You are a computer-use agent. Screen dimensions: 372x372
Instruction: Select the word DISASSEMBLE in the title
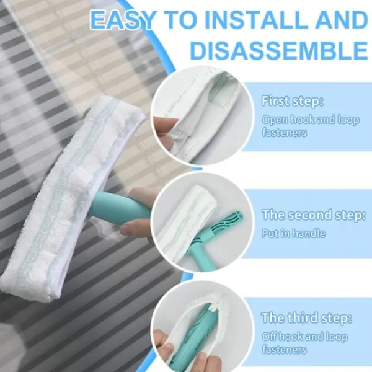coord(279,50)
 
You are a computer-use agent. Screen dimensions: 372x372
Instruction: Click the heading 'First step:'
coord(292,101)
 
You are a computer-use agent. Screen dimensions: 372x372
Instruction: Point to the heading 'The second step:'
coord(314,215)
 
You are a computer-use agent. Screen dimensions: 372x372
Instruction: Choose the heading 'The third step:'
coord(306,318)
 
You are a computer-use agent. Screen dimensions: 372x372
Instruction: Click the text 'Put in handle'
coord(293,234)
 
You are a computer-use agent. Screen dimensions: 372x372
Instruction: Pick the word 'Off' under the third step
coord(270,337)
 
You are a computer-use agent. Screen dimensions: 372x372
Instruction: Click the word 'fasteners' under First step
coord(284,133)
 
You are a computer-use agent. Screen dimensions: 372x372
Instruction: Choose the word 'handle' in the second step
coord(309,234)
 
